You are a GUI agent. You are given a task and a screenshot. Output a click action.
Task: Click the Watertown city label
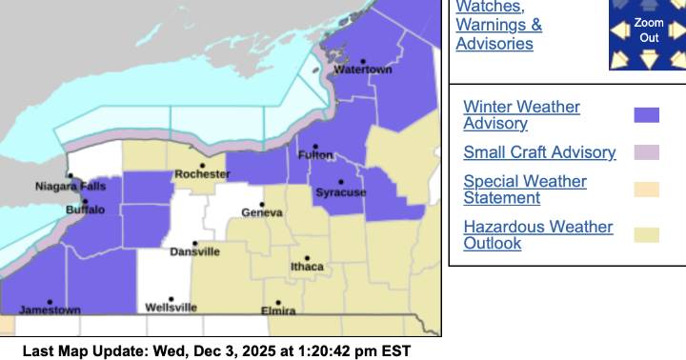(x=362, y=70)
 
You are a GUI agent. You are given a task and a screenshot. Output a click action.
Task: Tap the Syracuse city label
(x=340, y=192)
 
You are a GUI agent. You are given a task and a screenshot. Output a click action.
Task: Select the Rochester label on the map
(x=202, y=174)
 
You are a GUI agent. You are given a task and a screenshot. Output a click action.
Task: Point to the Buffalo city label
(x=86, y=210)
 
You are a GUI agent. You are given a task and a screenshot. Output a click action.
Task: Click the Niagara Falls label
(x=71, y=186)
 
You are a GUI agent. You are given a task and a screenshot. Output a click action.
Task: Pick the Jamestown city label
(x=50, y=310)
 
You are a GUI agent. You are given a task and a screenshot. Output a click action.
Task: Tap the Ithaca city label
(x=307, y=267)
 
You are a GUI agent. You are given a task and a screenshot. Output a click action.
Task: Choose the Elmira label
(x=278, y=310)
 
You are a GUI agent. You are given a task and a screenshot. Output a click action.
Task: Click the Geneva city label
(x=261, y=214)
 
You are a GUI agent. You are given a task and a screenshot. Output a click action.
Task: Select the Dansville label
(x=194, y=251)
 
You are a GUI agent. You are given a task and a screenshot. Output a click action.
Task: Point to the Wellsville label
(x=171, y=308)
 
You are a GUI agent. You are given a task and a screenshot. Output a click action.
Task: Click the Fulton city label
(x=315, y=155)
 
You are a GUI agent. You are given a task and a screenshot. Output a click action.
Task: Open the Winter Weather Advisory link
(x=521, y=115)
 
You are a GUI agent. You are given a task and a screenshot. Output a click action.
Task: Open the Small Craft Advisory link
(x=539, y=152)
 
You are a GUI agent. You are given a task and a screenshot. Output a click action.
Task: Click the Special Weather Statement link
(x=525, y=190)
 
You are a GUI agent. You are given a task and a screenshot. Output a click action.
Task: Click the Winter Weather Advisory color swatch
(x=647, y=115)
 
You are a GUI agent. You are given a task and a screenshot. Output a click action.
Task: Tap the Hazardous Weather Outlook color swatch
(x=647, y=235)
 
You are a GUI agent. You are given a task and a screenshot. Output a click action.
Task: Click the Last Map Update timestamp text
(x=216, y=351)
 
